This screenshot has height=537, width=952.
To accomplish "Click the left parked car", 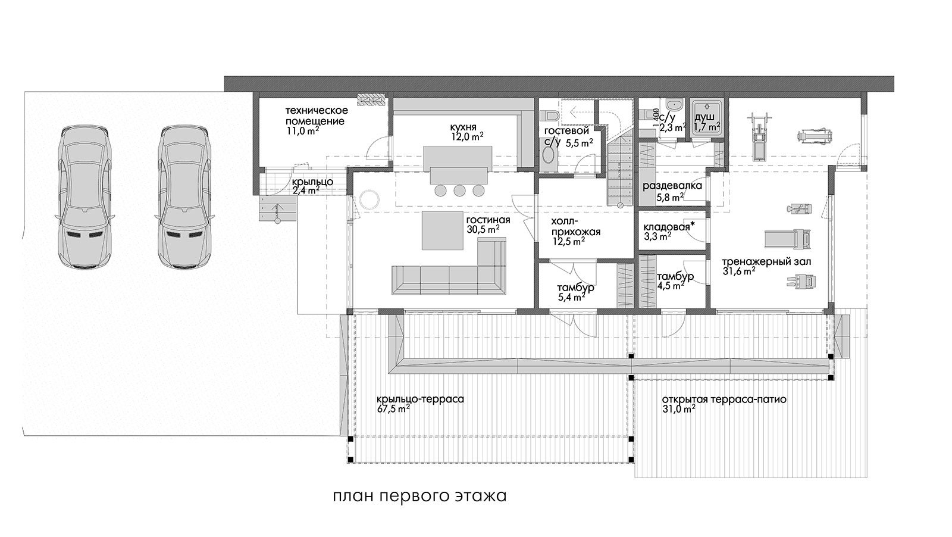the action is point(86,196).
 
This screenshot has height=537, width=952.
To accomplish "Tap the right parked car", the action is point(185,196).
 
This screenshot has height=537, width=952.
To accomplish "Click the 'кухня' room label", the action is point(464,127).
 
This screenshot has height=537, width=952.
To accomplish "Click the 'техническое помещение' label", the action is point(316,116).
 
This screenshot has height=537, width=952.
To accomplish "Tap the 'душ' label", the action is point(704,117).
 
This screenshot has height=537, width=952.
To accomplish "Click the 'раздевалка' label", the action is point(672,186).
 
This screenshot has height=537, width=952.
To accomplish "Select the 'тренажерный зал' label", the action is point(766,261).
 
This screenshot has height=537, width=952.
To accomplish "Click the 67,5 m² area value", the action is point(393,409).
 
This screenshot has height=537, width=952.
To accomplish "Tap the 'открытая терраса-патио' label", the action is point(724,399).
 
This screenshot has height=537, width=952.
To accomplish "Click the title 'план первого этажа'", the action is point(419,496).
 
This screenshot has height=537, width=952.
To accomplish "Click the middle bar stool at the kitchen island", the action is point(459,191).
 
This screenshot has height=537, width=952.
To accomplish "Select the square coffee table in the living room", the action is point(443,230).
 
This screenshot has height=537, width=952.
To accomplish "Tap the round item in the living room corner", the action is point(369,199).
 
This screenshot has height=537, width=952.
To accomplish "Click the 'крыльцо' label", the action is point(312,182).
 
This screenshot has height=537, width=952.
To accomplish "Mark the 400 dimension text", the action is point(656,114).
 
